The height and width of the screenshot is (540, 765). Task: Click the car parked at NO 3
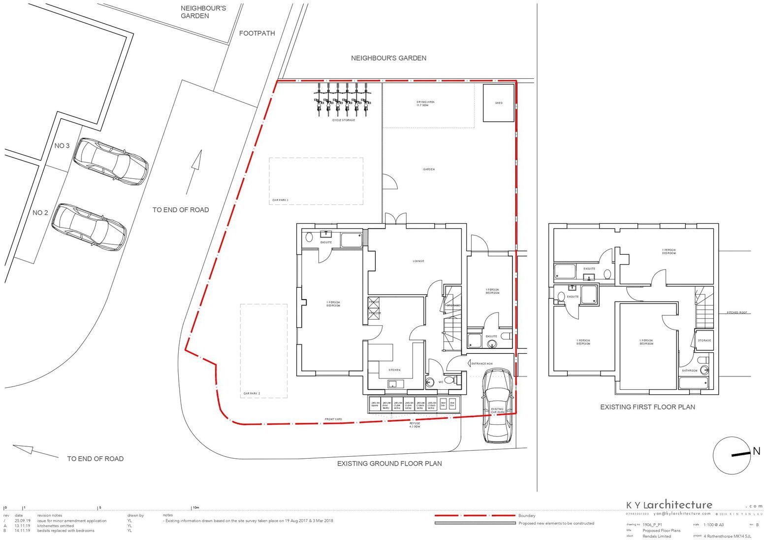click(110, 161)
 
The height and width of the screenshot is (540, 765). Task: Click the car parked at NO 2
click(89, 228)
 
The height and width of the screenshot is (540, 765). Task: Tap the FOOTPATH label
click(256, 34)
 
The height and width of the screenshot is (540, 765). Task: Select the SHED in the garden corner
click(499, 103)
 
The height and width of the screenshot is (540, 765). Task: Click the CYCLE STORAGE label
click(343, 120)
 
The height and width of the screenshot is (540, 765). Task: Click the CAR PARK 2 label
click(252, 394)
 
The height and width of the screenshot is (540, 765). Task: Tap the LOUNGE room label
click(418, 261)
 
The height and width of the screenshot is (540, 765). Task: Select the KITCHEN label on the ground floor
click(394, 370)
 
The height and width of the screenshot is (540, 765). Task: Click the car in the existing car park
click(497, 405)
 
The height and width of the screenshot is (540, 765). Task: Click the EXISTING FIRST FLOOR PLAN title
click(647, 407)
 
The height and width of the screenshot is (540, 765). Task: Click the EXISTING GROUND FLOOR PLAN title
click(389, 464)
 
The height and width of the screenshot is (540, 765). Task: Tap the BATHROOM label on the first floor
click(689, 371)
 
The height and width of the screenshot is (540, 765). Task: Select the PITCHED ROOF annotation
click(737, 313)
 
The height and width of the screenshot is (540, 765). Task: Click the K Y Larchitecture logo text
click(669, 505)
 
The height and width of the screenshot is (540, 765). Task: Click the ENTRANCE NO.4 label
click(482, 364)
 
